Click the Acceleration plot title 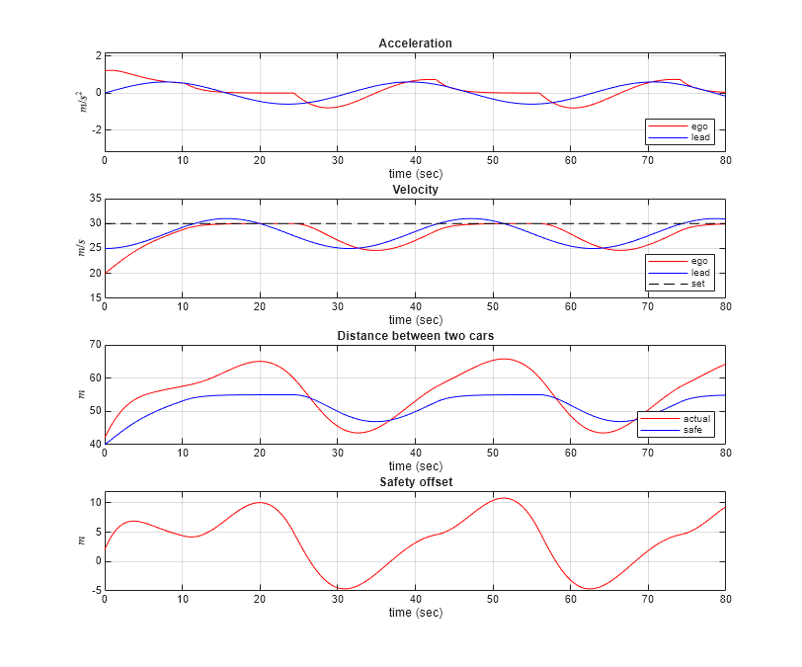[415, 43]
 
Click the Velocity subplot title [415, 189]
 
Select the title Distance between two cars [415, 335]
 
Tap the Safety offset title [415, 481]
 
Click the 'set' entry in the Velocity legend [697, 285]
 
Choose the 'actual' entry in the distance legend [695, 419]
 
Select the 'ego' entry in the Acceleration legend [699, 126]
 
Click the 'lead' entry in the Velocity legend [699, 273]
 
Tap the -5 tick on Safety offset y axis [94, 590]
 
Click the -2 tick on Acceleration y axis [95, 130]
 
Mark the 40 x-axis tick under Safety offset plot [415, 599]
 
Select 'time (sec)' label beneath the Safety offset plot [415, 613]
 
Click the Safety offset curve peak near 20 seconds [260, 502]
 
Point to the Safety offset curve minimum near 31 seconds [344, 589]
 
